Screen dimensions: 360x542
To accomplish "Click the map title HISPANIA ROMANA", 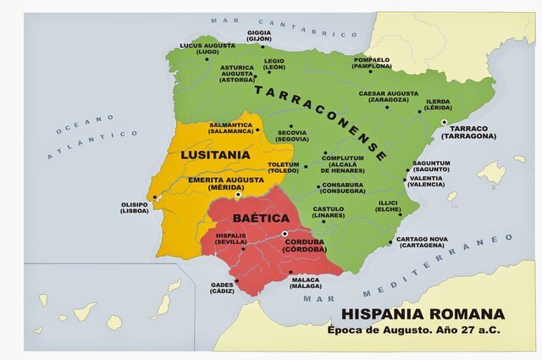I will tap(423, 314).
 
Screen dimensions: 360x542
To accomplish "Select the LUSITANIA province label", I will tap(215, 155).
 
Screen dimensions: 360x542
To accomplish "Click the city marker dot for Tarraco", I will tap(442, 123).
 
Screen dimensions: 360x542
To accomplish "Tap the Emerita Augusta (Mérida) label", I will tap(216, 184).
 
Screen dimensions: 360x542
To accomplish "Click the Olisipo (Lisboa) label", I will tap(135, 208).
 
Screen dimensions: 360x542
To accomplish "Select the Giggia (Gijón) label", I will tap(259, 36).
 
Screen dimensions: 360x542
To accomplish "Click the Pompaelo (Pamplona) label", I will tap(372, 63).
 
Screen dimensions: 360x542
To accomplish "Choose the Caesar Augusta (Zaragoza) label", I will tap(385, 97).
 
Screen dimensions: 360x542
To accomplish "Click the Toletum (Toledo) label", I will tap(284, 168).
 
